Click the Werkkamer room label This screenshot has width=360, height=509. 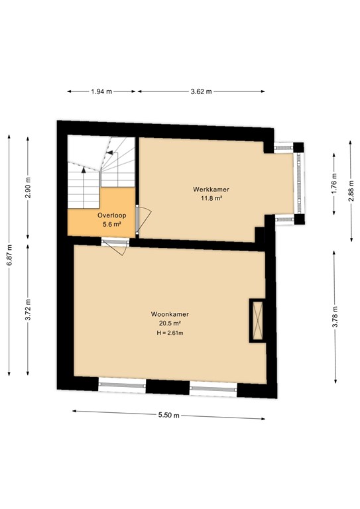pyautogui.click(x=207, y=190)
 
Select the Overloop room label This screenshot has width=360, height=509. pyautogui.click(x=111, y=216)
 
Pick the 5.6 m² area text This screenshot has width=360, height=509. pyautogui.click(x=111, y=225)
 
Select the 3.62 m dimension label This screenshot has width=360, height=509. pyautogui.click(x=201, y=91)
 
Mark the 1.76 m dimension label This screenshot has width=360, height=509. pyautogui.click(x=334, y=180)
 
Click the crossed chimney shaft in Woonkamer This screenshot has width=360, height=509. pyautogui.click(x=257, y=320)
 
